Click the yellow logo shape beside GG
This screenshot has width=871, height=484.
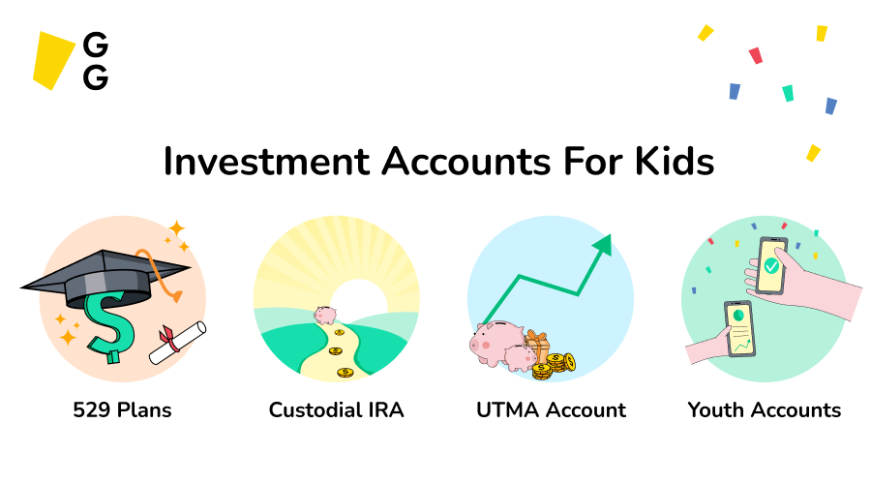[53, 60]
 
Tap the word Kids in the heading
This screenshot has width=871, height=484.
[672, 161]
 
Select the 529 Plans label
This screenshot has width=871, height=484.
[122, 410]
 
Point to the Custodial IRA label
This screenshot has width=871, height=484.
[336, 410]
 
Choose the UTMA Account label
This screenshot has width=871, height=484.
[551, 410]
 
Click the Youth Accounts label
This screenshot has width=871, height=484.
[765, 410]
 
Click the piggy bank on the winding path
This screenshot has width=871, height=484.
[324, 316]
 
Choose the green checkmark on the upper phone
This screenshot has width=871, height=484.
[771, 264]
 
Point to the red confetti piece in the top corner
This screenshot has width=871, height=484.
[755, 56]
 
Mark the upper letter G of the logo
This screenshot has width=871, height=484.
[96, 45]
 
